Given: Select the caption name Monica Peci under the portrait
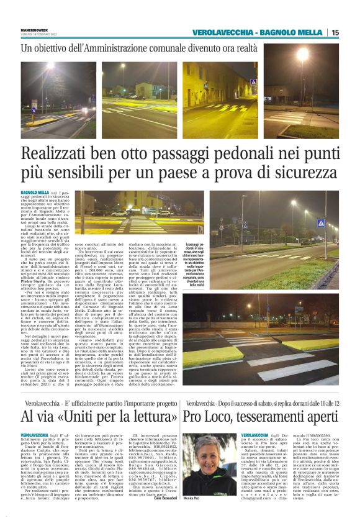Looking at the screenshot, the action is (x=201, y=499).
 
